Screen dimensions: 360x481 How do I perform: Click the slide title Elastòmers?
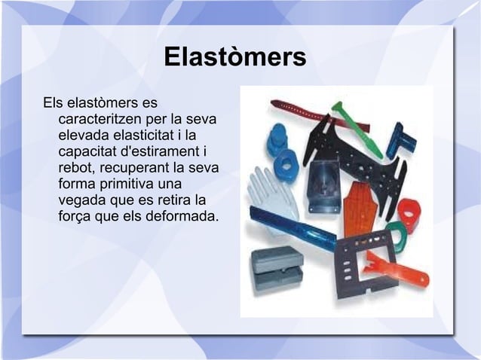[234, 57]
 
